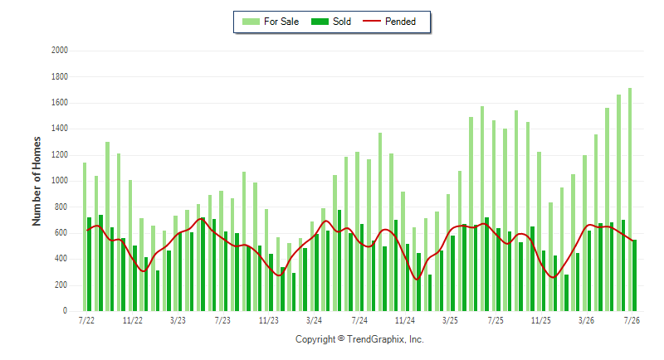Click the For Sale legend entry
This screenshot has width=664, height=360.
271,22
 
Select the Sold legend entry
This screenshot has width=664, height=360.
330,22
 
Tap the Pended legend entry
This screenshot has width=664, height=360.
389,22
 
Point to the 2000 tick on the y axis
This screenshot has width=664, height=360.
60,51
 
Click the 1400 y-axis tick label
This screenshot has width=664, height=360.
60,129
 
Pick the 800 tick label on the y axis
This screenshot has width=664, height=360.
61,207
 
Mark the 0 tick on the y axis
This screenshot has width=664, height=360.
66,311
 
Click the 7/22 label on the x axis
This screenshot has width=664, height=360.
86,321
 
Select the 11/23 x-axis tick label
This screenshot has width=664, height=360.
268,321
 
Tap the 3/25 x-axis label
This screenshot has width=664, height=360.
450,321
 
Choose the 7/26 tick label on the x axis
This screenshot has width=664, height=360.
632,321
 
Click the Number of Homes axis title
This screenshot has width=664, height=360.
37,181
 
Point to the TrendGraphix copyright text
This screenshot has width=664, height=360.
359,339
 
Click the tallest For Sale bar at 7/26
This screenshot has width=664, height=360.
630,200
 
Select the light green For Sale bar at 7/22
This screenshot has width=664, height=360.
85,237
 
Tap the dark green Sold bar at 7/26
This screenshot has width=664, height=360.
635,276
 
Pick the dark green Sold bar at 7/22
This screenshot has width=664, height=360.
90,265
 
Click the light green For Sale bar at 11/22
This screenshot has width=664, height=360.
130,246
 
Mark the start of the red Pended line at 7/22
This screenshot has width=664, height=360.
87,230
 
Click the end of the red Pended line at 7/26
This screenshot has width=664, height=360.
632,241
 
